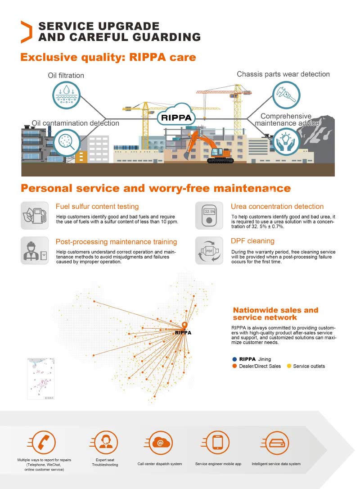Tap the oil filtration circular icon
pos(66,95)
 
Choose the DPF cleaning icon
pos(209,250)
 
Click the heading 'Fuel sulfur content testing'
pos(97,207)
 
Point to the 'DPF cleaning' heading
pos(252,241)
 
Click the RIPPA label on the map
pos(183,333)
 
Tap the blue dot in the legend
pos(234,359)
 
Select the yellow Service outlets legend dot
pos(289,366)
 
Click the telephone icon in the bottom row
pos(44,443)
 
